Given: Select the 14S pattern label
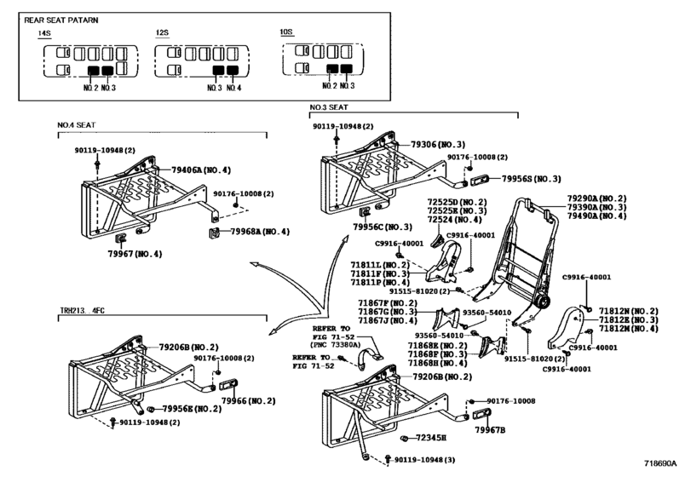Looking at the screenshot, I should coord(45,33).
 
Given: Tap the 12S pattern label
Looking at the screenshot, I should coord(162,33).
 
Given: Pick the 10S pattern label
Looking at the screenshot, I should coord(286,33).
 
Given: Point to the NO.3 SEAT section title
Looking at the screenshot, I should coord(329,107).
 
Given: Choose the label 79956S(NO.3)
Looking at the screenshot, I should coord(531,180).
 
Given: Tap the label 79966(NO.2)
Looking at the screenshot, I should coord(248,399).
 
